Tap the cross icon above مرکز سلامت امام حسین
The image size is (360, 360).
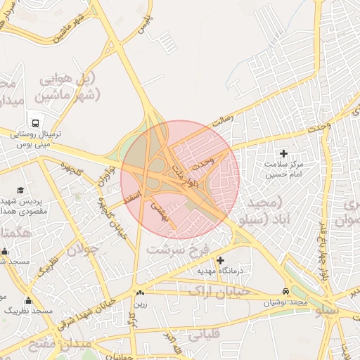[284, 153]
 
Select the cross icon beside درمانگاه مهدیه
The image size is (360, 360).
[221, 260]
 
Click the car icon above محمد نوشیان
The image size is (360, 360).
[285, 291]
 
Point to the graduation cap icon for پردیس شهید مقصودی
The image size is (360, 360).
[20, 191]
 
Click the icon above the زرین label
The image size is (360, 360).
[140, 292]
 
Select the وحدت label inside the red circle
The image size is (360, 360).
[202, 162]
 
